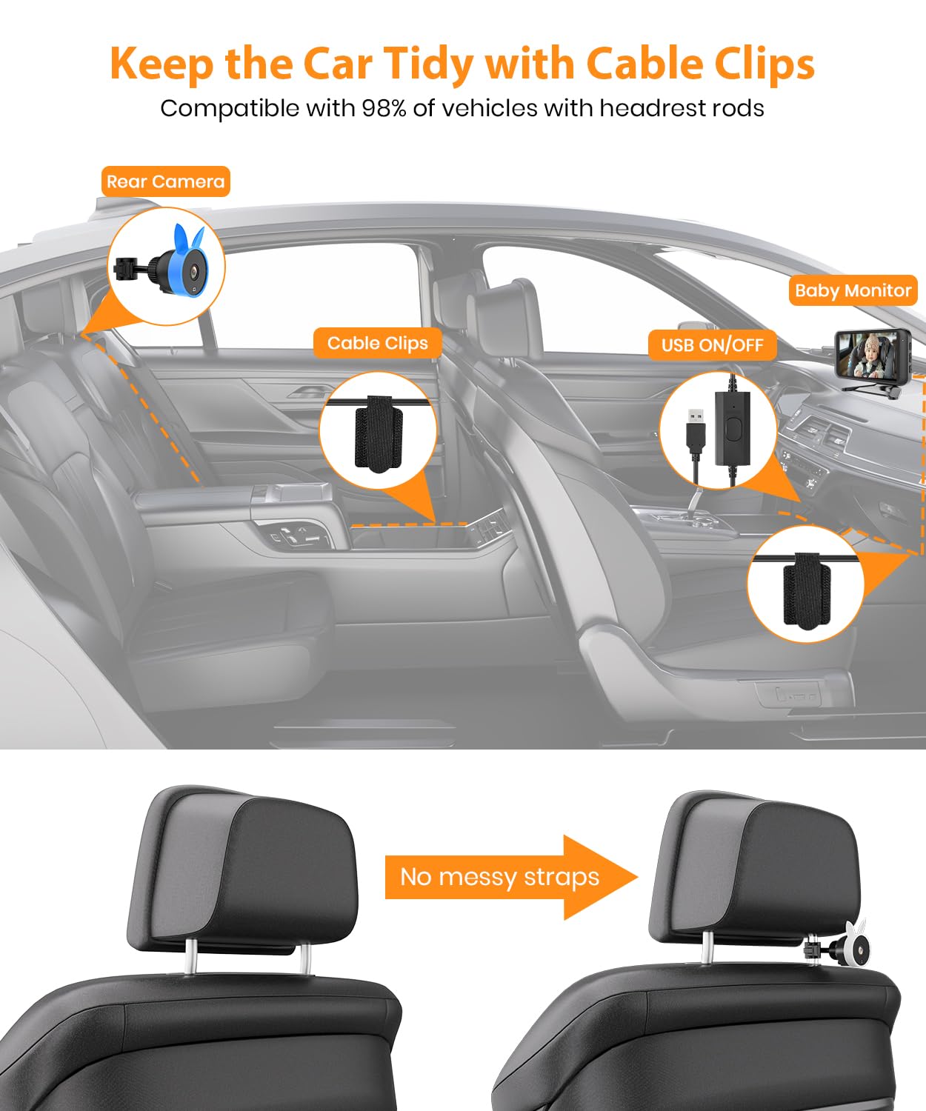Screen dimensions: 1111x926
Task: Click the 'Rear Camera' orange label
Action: [x=165, y=181]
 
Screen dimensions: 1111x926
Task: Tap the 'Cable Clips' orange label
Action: [x=377, y=343]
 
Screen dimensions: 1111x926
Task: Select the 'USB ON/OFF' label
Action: [x=712, y=345]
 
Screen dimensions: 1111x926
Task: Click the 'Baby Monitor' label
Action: [x=853, y=290]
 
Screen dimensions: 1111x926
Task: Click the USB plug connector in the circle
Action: [x=695, y=430]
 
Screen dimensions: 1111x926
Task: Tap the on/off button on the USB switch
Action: [x=733, y=430]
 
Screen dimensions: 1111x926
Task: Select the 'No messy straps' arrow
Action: [x=511, y=878]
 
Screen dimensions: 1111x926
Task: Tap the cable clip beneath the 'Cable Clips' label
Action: [x=378, y=434]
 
